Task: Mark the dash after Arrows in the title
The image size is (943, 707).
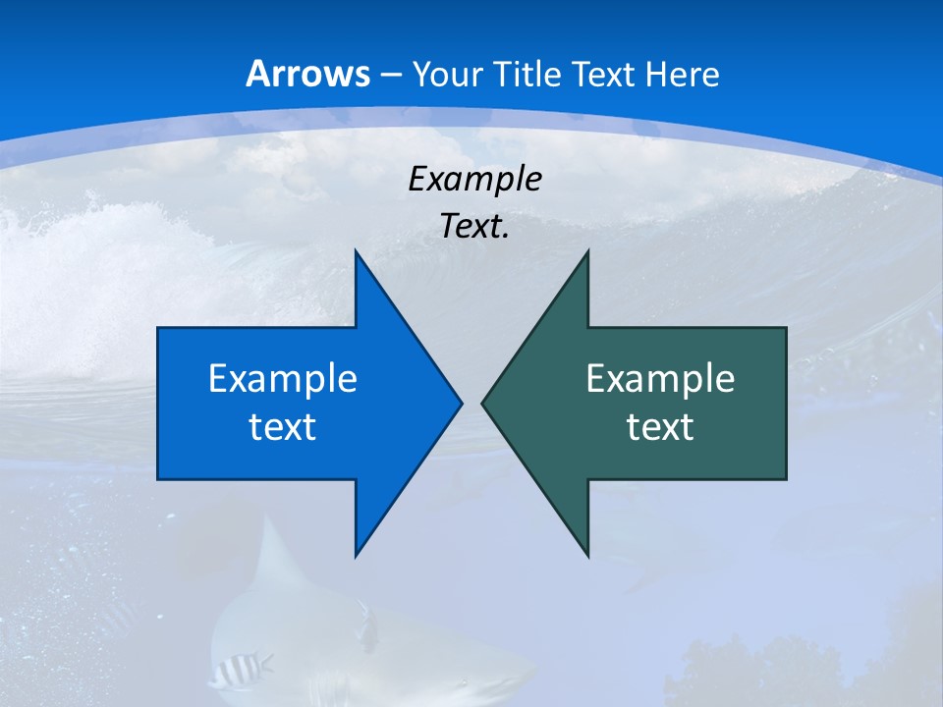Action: click(390, 76)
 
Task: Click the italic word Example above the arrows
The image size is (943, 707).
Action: click(474, 179)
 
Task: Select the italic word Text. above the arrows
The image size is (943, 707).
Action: click(474, 226)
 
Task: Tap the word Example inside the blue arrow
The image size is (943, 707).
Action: click(282, 378)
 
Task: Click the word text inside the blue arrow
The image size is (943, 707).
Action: click(282, 427)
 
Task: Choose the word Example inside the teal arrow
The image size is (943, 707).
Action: click(660, 378)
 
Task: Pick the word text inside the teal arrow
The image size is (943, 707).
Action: click(660, 427)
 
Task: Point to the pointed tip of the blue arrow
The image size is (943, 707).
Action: click(460, 403)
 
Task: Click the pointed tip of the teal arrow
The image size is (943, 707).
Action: click(483, 403)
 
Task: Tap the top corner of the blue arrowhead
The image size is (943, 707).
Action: click(356, 251)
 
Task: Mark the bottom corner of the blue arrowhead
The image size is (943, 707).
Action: click(356, 555)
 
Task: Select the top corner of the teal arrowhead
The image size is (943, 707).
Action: click(587, 251)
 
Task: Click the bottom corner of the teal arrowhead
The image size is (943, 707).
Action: click(587, 555)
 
